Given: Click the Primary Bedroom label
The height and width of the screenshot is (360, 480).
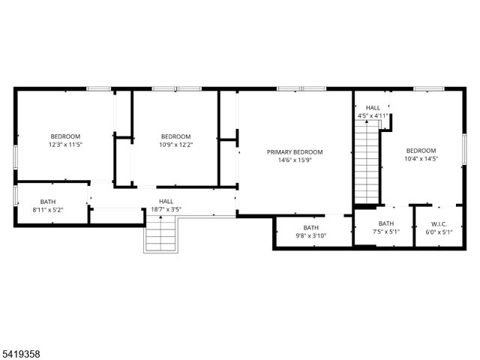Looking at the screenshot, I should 295,151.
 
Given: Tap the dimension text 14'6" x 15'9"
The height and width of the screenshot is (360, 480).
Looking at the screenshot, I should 295,160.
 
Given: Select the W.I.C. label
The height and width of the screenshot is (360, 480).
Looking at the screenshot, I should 439,223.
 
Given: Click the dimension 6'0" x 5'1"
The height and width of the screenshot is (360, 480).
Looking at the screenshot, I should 439,232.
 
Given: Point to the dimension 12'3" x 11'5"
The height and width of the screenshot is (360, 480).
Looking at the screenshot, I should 65,144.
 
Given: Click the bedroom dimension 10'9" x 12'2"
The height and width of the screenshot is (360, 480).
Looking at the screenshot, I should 175,144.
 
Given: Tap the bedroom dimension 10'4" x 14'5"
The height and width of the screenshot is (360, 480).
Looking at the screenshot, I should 421,158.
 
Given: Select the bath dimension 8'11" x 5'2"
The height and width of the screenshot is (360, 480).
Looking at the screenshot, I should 48,210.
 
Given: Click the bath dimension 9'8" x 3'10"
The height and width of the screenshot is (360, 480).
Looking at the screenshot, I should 310,236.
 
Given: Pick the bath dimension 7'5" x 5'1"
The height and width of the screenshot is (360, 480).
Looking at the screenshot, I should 385,232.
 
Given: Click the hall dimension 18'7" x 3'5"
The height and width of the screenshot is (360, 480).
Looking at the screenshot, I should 166,209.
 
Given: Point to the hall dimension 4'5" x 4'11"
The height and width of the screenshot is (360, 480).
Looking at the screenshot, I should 373,115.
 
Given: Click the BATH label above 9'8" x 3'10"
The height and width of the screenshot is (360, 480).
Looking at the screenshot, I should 310,228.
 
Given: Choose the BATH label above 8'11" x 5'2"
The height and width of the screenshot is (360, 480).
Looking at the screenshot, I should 48,202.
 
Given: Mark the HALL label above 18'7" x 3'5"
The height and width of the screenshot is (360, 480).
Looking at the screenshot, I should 166,201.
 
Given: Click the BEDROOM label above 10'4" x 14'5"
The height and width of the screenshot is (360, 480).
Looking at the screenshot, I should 421,150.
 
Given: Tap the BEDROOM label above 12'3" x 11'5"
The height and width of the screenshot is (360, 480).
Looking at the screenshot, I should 65,136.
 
